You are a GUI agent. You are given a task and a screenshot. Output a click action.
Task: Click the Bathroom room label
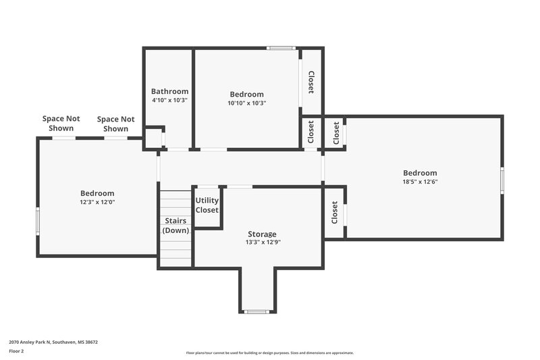click(x=169, y=91)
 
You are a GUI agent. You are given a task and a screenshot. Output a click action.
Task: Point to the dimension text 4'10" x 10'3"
click(x=169, y=100)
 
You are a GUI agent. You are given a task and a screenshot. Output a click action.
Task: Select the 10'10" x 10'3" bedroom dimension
click(x=246, y=103)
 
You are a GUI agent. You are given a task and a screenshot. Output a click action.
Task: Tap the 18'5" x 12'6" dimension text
click(x=420, y=182)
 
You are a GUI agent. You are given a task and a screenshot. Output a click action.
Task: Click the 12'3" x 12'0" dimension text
click(x=97, y=202)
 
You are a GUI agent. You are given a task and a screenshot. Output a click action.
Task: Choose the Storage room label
click(x=262, y=234)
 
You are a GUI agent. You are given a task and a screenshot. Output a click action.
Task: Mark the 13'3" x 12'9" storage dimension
click(x=262, y=242)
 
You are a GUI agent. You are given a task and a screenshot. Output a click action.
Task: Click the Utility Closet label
click(x=207, y=205)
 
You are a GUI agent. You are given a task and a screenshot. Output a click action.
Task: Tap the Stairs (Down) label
click(x=175, y=226)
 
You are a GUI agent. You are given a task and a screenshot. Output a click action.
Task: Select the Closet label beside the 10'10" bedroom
click(x=311, y=82)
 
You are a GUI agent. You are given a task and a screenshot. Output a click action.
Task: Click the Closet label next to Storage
click(x=334, y=213)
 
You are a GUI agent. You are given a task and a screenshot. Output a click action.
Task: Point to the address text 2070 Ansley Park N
click(x=53, y=342)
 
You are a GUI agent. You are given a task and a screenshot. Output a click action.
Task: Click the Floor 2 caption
click(x=16, y=351)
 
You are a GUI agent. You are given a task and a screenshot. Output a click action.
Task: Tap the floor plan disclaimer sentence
click(x=269, y=353)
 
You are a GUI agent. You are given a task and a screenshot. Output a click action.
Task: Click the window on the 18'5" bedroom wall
click(x=502, y=180)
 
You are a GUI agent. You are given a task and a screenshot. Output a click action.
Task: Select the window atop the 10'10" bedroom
click(x=280, y=48)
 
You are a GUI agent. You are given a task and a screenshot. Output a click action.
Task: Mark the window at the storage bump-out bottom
click(x=256, y=311)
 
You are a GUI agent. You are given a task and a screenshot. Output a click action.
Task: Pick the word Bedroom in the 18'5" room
click(x=420, y=173)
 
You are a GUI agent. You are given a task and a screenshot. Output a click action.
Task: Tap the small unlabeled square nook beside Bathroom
click(x=154, y=138)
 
